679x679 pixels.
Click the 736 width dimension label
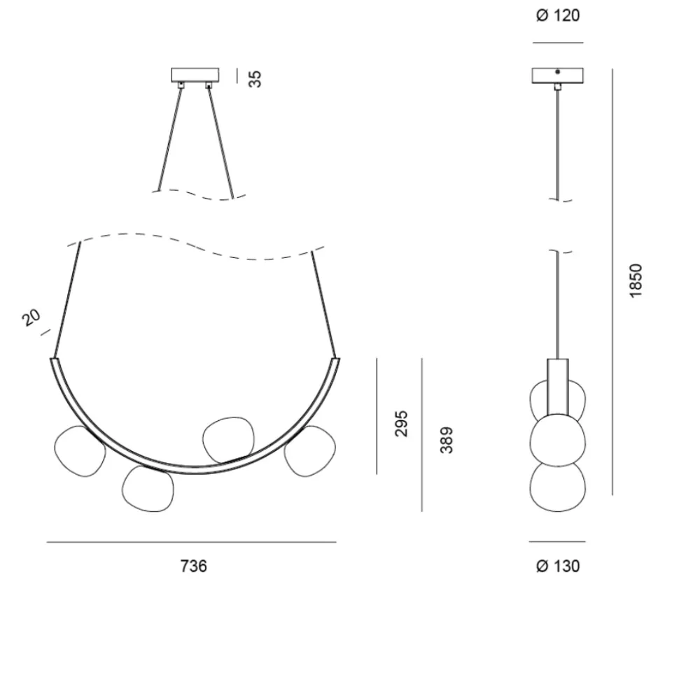(193, 566)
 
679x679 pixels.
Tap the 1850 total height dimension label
(636, 280)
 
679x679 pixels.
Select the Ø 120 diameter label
(558, 15)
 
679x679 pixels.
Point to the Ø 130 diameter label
(558, 566)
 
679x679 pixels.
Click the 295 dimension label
(402, 424)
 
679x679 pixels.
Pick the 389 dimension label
(447, 440)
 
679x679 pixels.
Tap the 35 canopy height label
(255, 79)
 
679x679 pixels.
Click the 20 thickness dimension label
(31, 317)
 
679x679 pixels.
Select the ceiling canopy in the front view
(195, 75)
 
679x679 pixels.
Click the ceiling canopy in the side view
(558, 76)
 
